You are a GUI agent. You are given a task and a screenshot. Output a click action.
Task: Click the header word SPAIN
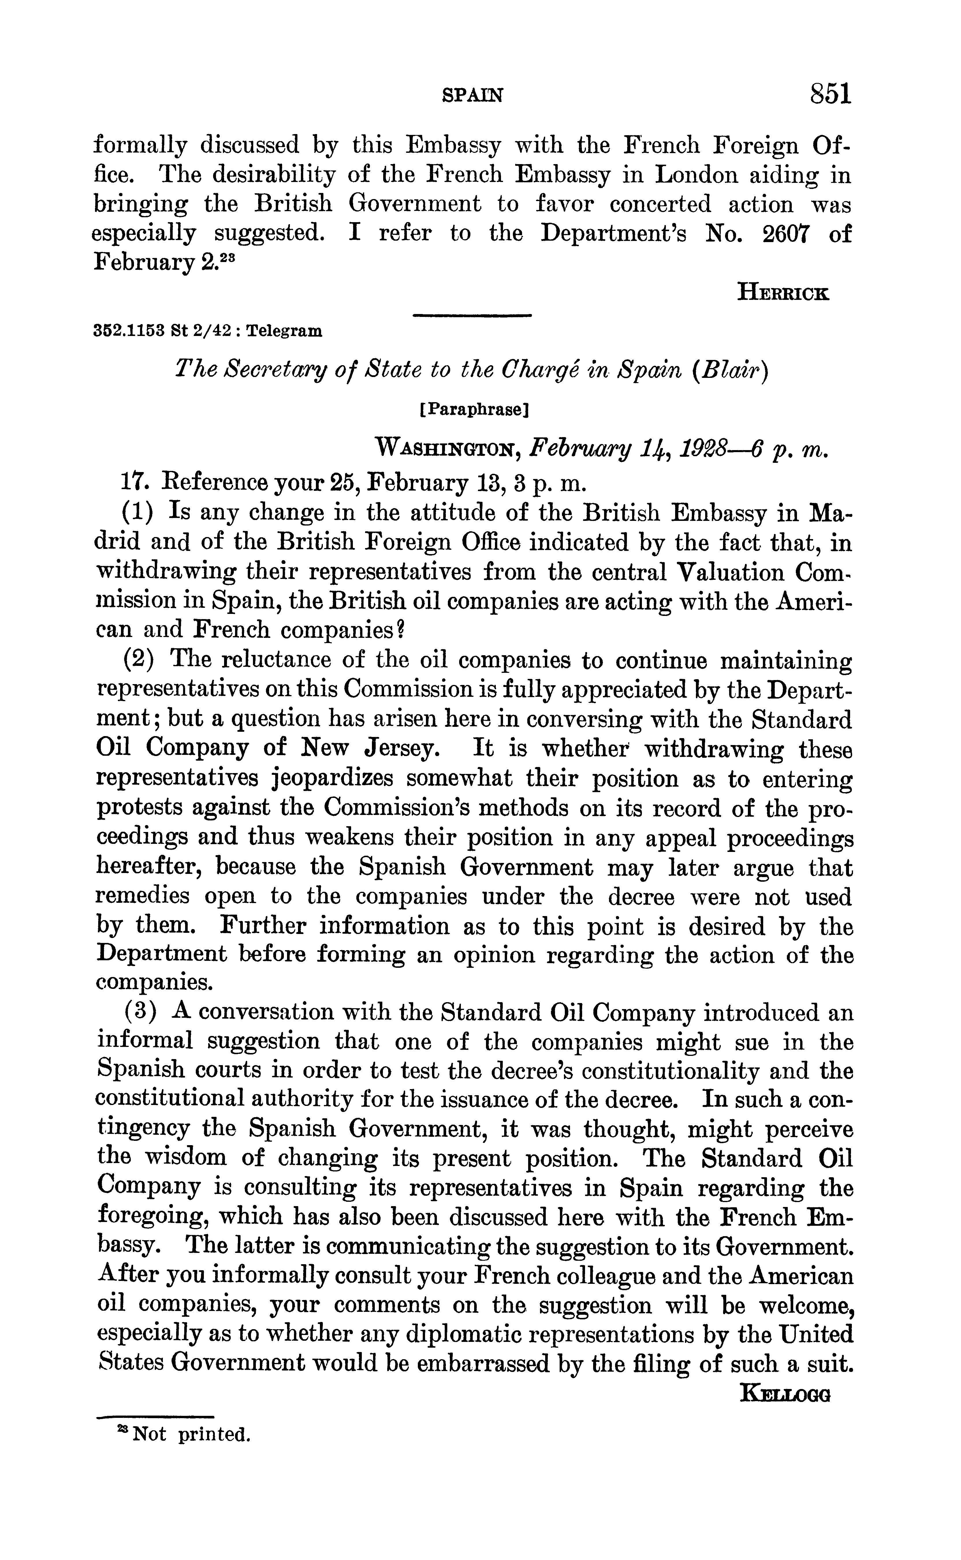tap(472, 95)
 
